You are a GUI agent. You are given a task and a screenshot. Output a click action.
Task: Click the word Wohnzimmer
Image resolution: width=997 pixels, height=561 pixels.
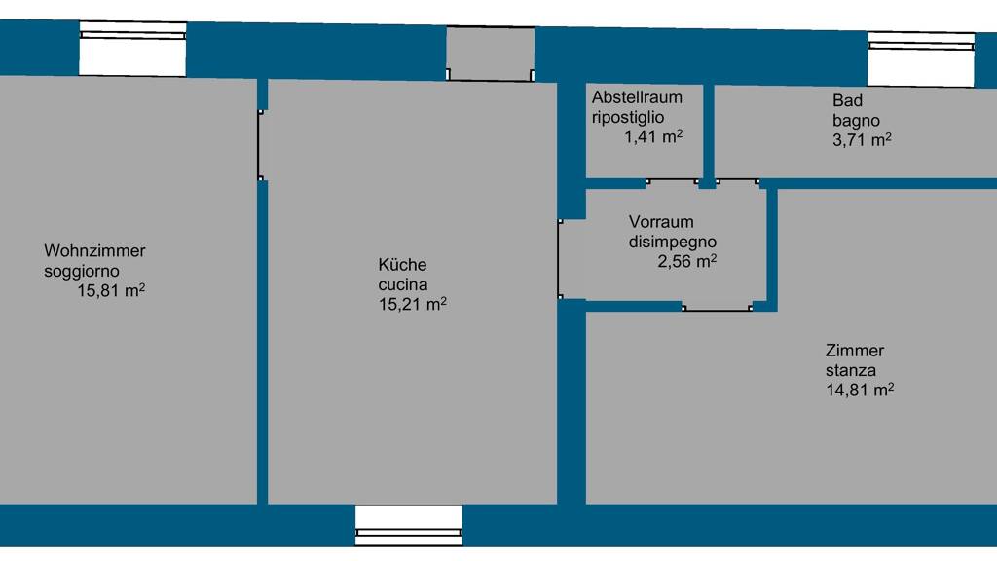[x=94, y=250]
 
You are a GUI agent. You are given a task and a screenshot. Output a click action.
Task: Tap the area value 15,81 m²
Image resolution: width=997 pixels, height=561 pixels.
[x=111, y=290]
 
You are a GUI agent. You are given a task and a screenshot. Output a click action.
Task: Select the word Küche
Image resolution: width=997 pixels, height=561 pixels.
[x=402, y=264]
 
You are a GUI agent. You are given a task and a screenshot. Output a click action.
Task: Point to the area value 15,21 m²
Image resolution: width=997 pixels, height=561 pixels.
[x=413, y=304]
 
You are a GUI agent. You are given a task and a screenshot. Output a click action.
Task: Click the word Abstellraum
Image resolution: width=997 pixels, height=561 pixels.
[x=637, y=97]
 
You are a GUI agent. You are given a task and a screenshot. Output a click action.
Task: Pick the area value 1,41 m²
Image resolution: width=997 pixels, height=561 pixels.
[x=653, y=136]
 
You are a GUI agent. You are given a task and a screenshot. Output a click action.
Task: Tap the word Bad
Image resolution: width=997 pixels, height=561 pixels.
[x=848, y=100]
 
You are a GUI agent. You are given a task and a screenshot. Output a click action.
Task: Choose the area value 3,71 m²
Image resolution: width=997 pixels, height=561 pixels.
[x=862, y=140]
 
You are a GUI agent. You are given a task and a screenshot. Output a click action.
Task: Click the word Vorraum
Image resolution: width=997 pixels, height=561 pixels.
[x=661, y=222]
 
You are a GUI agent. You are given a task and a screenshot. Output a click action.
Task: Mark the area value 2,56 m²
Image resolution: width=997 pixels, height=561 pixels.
[x=686, y=261]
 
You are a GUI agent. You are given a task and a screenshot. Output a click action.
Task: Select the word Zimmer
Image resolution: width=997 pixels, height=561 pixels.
[x=855, y=351]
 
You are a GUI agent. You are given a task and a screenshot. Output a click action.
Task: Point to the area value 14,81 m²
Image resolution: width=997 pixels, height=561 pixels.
[x=860, y=390]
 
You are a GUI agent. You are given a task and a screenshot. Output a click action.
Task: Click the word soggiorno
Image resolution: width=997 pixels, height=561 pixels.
[x=82, y=272]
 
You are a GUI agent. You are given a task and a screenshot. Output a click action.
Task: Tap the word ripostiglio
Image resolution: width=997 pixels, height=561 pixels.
[x=628, y=118]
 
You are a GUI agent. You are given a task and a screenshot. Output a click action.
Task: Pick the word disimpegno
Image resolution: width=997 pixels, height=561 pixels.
[x=673, y=243]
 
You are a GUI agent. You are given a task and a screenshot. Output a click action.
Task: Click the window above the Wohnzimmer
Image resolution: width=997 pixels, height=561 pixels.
[x=132, y=49]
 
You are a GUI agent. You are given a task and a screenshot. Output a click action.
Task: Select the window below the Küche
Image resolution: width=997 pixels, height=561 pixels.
[x=409, y=525]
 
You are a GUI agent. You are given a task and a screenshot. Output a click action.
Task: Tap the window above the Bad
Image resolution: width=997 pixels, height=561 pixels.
[x=921, y=59]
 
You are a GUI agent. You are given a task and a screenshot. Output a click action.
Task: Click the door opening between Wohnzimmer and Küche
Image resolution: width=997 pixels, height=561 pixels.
[x=261, y=145]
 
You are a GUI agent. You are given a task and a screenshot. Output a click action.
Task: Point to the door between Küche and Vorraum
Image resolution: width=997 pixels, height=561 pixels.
[x=560, y=259]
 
